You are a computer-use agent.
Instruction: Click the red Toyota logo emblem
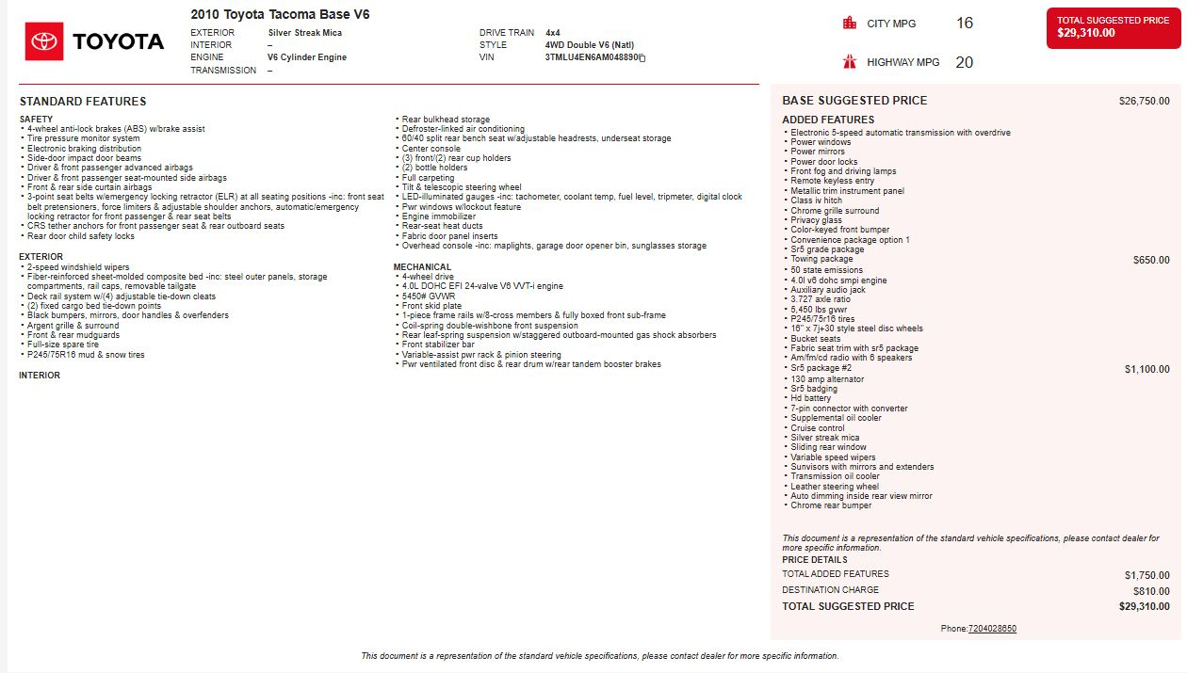coord(44,41)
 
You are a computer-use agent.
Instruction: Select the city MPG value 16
coord(965,23)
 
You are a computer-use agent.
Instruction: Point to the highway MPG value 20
coord(965,62)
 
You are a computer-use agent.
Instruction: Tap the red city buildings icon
coord(850,23)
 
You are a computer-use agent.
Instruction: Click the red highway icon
coord(850,62)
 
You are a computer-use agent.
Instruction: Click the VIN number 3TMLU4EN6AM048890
coord(591,57)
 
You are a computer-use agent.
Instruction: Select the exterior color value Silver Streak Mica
coord(304,33)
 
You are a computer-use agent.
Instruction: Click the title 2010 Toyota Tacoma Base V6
coord(280,14)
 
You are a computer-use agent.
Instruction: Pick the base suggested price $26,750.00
coord(1144,101)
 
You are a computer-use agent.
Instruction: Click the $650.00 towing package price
coord(1151,260)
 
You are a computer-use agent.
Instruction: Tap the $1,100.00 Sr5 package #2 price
coord(1146,369)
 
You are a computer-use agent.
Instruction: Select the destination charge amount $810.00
coord(1151,591)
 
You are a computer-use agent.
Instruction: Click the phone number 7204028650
coord(992,629)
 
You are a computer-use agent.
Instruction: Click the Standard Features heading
coord(83,101)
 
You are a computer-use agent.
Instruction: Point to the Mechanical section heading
coord(422,267)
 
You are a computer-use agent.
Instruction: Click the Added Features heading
coord(828,120)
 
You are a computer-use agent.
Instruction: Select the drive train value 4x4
coord(553,33)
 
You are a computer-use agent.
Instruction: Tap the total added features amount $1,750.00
coord(1146,574)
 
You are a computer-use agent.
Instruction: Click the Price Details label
coord(814,560)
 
